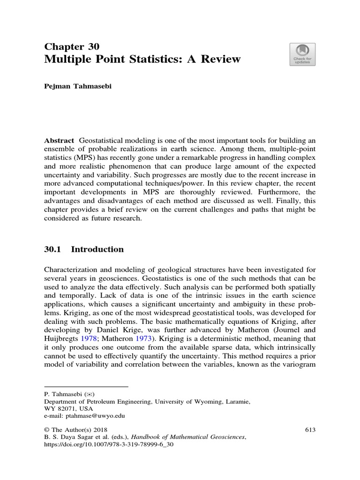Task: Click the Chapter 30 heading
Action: click(71, 46)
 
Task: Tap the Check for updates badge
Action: click(302, 55)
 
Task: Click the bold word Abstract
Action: click(59, 141)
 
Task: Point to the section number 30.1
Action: click(52, 249)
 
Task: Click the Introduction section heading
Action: click(97, 249)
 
